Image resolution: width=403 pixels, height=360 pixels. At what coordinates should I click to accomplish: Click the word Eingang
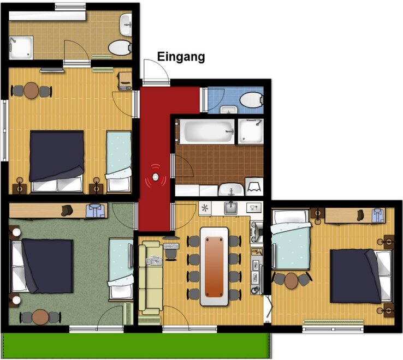[x=181, y=57]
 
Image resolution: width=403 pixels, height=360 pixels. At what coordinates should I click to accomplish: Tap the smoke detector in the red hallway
[x=156, y=177]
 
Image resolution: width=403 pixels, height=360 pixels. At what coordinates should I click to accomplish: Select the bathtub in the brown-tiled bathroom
[x=206, y=131]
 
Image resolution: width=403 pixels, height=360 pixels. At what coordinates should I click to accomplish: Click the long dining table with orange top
[x=214, y=266]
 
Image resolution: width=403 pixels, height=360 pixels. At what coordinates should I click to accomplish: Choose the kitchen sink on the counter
[x=230, y=208]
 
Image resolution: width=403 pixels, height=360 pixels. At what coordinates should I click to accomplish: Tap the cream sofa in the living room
[x=151, y=278]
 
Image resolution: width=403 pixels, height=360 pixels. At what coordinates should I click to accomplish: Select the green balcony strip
[x=136, y=346]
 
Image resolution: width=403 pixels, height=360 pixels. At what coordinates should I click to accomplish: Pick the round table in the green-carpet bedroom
[x=40, y=317]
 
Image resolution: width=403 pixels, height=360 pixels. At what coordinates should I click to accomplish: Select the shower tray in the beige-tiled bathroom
[x=21, y=48]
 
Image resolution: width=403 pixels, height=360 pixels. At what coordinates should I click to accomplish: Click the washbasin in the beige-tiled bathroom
[x=126, y=25]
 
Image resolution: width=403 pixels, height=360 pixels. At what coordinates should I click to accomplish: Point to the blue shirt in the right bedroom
[x=378, y=215]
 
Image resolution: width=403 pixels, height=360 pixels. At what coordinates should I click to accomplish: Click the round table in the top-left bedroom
[x=31, y=91]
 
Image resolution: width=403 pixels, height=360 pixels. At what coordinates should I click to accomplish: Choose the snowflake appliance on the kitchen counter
[x=205, y=208]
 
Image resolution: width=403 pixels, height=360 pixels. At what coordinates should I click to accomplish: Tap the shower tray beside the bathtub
[x=251, y=131]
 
